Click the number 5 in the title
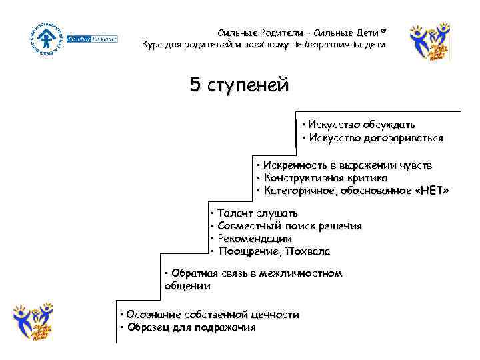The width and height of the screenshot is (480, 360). point(195,85)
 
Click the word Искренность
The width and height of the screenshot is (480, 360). point(291,165)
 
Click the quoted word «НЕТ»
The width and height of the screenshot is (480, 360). point(431,191)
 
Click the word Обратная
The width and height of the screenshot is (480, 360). point(193,273)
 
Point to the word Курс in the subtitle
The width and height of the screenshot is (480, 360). point(155,44)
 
